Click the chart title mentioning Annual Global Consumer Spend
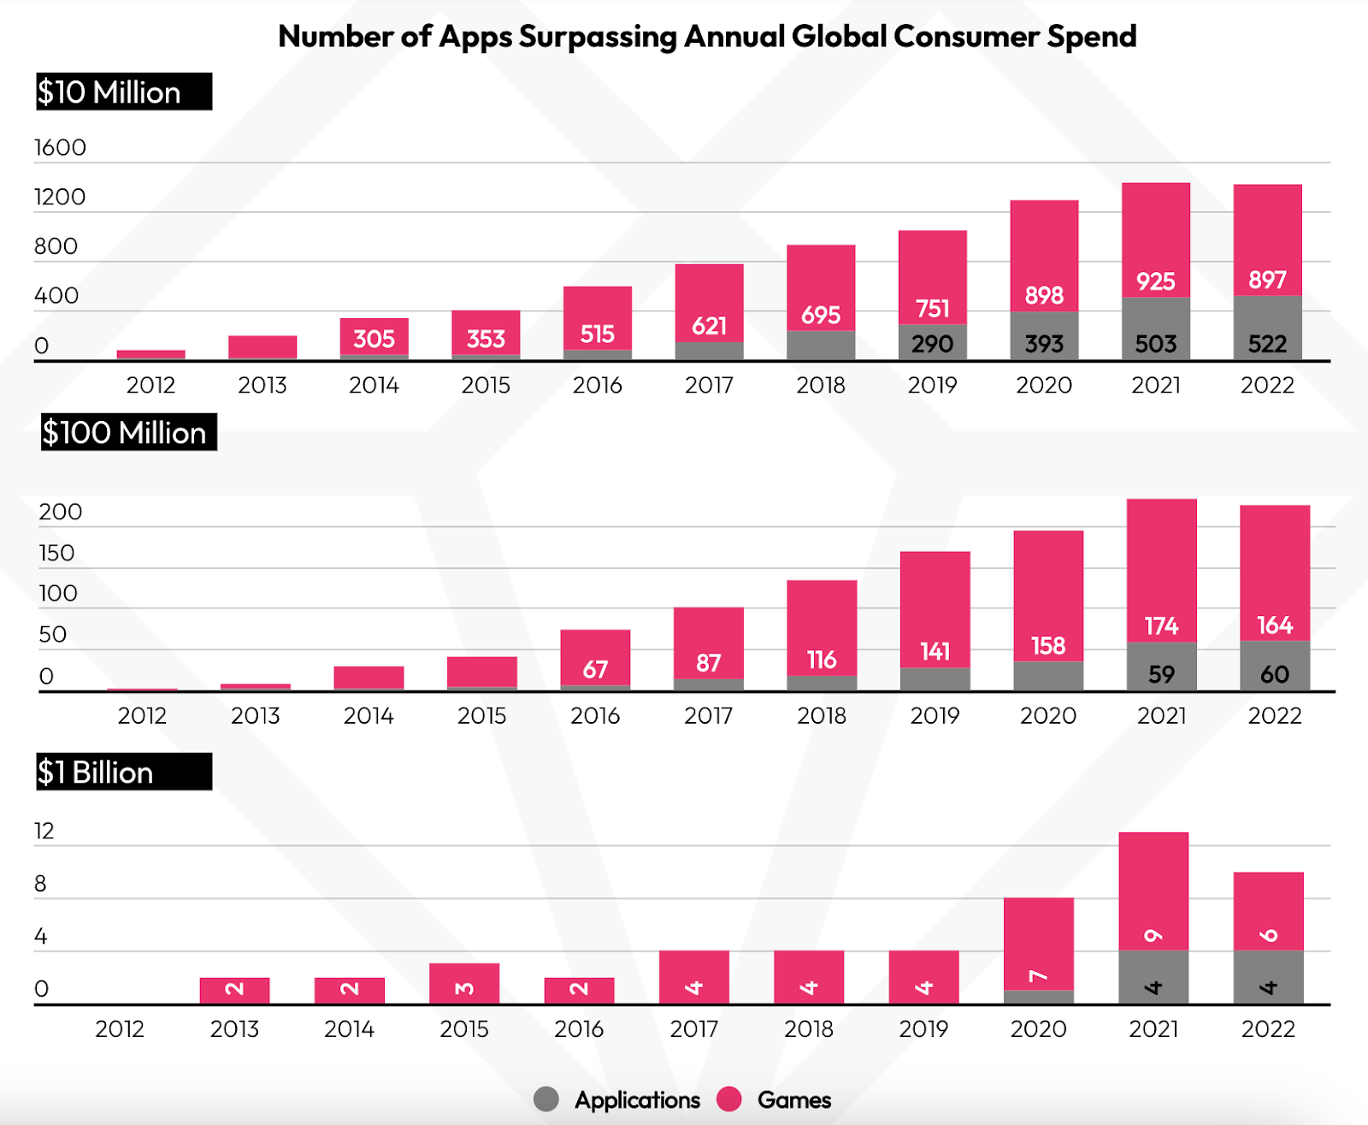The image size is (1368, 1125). (x=707, y=37)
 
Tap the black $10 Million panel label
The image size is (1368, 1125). (x=123, y=92)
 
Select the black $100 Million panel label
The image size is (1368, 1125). (x=128, y=432)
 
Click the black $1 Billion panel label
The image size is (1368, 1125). (x=123, y=772)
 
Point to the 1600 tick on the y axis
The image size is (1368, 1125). (x=60, y=148)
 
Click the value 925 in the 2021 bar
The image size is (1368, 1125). (x=1155, y=281)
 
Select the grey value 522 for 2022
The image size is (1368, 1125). (x=1267, y=344)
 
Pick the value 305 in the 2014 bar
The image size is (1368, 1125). (x=374, y=339)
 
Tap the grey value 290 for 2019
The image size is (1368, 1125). (x=932, y=344)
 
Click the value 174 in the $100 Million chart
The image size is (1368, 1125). (x=1161, y=626)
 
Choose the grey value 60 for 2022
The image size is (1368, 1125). (x=1274, y=674)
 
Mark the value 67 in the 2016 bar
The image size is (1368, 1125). (x=595, y=669)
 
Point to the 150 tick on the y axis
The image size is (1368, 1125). (x=56, y=554)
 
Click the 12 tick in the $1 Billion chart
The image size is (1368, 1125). (x=44, y=831)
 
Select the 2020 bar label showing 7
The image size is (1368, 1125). (x=1038, y=976)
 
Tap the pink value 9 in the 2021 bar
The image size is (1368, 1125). (x=1153, y=935)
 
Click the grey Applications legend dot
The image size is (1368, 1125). (x=546, y=1099)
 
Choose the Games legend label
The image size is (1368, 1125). (x=794, y=1100)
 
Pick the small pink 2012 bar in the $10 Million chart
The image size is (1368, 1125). (x=151, y=354)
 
